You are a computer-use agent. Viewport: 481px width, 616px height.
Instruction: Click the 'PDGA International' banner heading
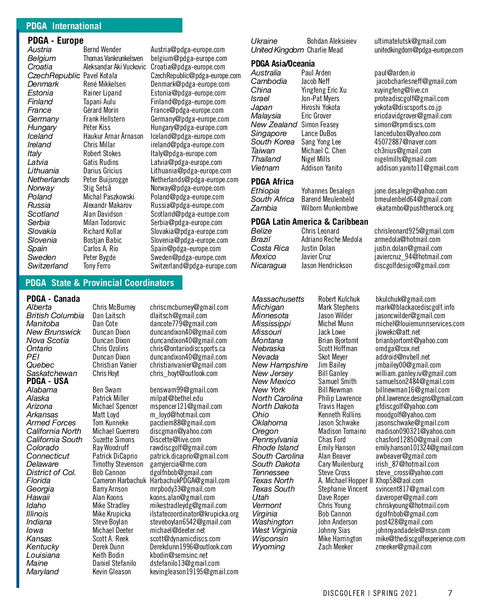(64, 26)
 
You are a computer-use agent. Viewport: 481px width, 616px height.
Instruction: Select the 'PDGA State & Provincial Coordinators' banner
(100, 283)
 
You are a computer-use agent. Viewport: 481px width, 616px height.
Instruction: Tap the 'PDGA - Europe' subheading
(56, 41)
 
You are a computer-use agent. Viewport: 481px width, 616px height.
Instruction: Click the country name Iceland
(40, 136)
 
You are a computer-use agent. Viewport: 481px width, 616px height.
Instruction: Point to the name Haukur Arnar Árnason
(113, 136)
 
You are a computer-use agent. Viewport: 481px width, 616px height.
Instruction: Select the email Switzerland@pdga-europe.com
(194, 266)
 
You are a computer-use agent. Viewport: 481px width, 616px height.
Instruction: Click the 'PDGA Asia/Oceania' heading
(283, 63)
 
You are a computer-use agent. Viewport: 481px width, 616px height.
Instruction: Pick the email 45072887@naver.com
(405, 142)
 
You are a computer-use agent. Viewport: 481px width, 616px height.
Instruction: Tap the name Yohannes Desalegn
(328, 191)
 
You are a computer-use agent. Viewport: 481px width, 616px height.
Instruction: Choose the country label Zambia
(264, 208)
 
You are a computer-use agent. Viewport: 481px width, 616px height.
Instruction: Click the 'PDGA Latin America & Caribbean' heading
(309, 222)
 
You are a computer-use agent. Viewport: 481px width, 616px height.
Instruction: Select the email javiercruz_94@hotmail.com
(413, 256)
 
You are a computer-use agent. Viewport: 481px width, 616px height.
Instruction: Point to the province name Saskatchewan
(52, 373)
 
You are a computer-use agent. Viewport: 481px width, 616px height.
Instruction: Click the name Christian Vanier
(115, 365)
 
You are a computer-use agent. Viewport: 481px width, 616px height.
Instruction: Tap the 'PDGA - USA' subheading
(47, 381)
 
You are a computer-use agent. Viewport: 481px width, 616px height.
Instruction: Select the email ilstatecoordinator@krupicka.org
(194, 514)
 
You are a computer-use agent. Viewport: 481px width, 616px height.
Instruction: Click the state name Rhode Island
(275, 447)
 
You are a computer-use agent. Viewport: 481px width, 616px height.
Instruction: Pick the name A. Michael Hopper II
(345, 480)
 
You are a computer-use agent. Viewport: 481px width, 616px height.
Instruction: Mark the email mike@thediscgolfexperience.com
(420, 539)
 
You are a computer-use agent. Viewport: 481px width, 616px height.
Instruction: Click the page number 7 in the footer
(450, 593)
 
